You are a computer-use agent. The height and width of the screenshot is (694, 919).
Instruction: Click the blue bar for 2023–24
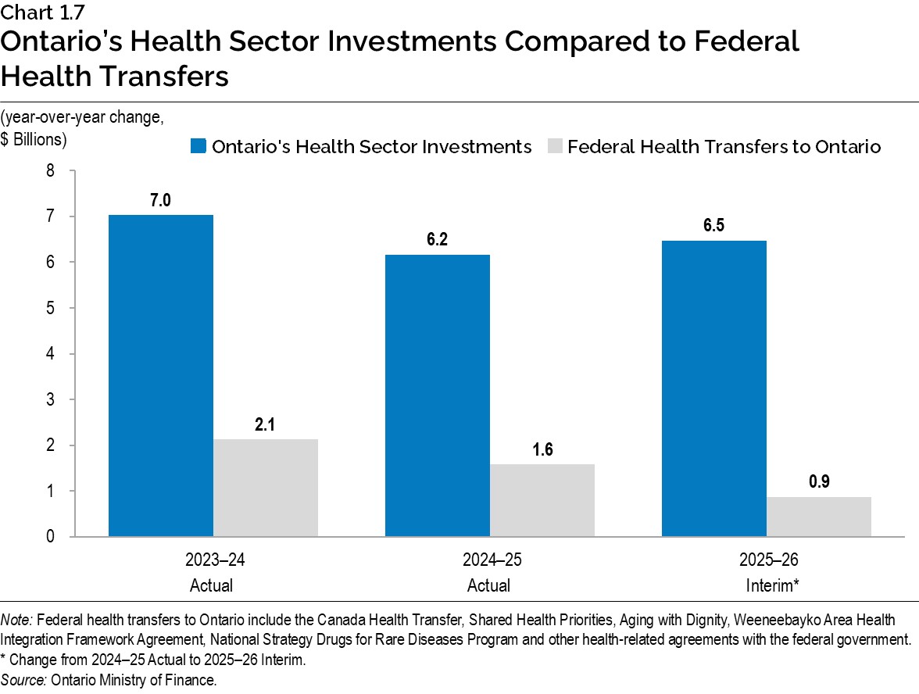tap(161, 375)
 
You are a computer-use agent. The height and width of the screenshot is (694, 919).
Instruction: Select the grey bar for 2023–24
tap(266, 488)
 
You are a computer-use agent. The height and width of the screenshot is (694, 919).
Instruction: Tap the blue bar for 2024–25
tap(438, 395)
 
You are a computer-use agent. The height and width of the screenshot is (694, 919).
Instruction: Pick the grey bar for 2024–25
tap(542, 500)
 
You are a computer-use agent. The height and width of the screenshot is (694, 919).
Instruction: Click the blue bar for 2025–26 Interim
tap(714, 388)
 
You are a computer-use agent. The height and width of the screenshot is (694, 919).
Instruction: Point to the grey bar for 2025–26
tap(819, 517)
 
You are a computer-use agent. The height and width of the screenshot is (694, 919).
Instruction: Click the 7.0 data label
tap(161, 201)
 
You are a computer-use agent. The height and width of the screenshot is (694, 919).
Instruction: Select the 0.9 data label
tap(819, 482)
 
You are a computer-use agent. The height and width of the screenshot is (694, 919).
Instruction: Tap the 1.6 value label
tap(542, 450)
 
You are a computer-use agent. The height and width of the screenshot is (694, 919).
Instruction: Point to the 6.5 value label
tap(714, 226)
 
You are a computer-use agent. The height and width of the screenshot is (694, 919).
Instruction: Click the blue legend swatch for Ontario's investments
tap(198, 146)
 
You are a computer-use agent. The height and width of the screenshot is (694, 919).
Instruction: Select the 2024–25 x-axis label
tap(489, 560)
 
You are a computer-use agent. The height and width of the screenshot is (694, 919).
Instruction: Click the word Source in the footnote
tap(23, 680)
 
